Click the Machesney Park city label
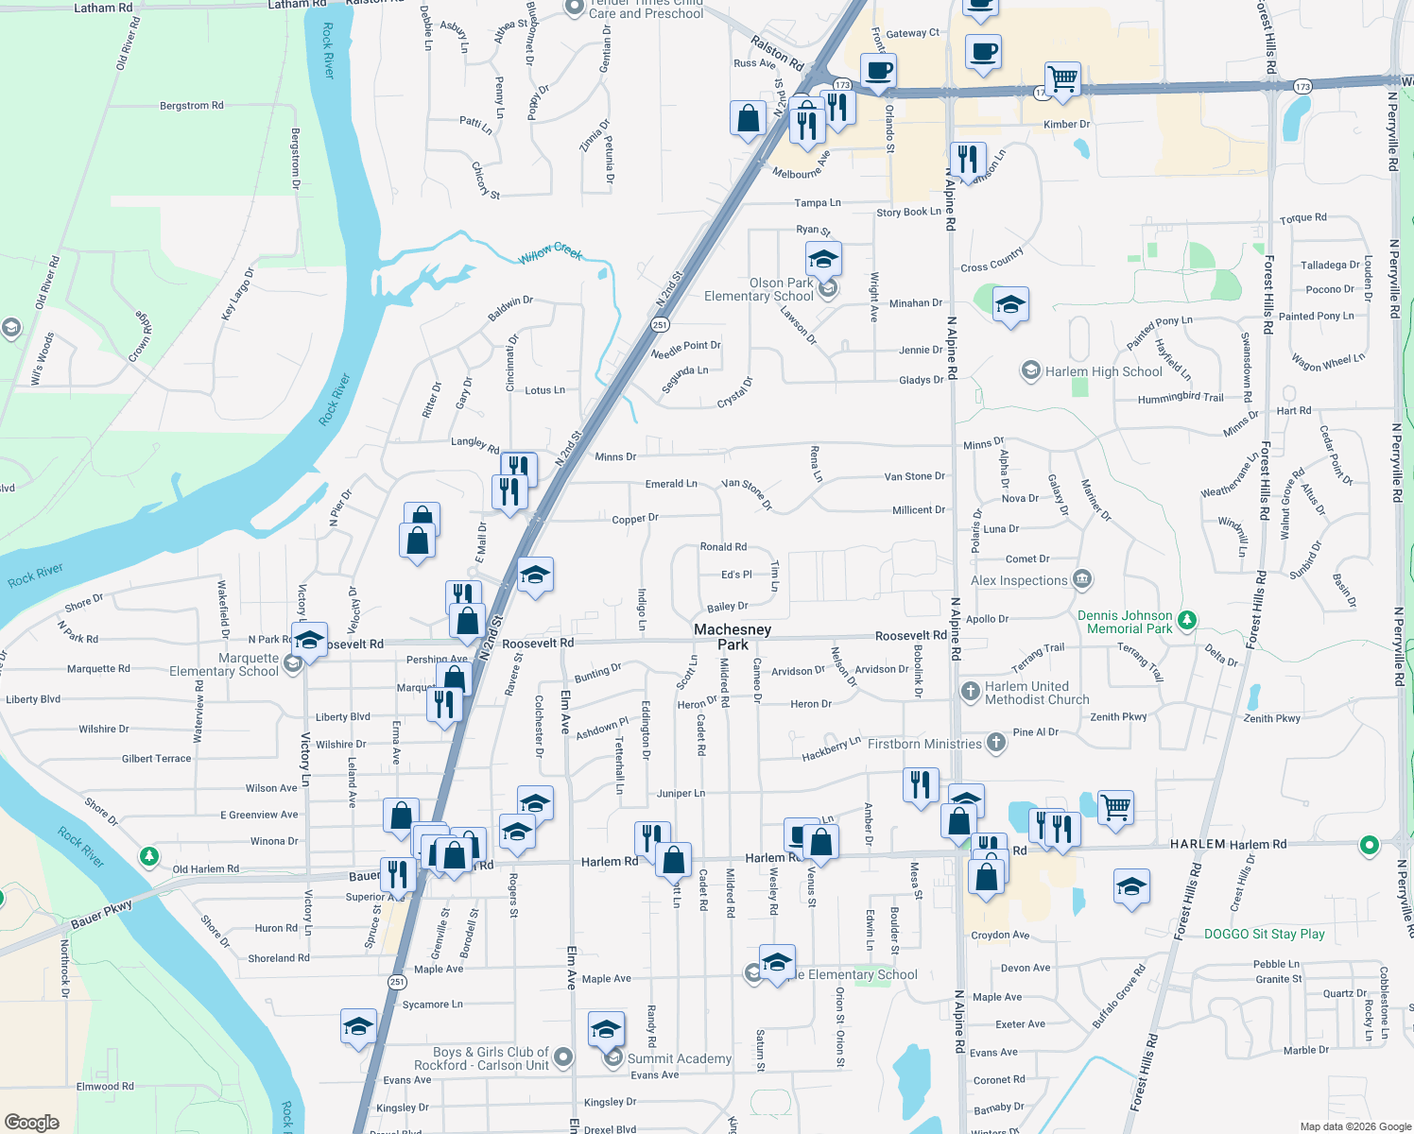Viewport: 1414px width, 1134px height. coord(733,637)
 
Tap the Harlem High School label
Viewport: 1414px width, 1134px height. coord(1103,371)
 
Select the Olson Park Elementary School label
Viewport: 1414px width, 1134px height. coord(758,289)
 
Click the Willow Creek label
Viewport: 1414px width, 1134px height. coord(551,252)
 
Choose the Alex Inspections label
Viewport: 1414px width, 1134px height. coord(1019,580)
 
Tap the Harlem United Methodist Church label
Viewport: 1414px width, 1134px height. coord(1037,693)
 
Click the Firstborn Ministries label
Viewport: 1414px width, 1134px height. coord(924,744)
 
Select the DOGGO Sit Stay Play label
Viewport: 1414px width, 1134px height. coord(1264,934)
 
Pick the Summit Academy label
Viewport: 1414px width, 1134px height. coord(679,1058)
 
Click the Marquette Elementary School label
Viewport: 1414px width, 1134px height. coord(224,664)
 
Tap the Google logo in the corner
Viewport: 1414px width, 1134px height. coord(32,1122)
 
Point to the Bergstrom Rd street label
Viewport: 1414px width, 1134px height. coord(192,106)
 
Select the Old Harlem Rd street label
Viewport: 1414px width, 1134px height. coord(206,868)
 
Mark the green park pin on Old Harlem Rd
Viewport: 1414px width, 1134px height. coord(148,856)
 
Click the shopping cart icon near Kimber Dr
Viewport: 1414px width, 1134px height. coord(1062,78)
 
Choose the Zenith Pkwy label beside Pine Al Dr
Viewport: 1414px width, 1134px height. coord(1118,717)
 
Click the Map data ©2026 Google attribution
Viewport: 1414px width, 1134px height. coord(1355,1126)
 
